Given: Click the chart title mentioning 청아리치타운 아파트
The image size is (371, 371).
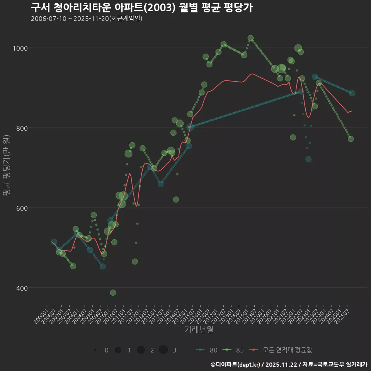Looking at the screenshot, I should (141, 8).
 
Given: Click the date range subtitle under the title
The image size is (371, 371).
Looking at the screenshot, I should (87, 19).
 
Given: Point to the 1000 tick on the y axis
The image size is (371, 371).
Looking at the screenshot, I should (20, 48).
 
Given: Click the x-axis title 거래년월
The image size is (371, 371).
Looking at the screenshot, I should (199, 329).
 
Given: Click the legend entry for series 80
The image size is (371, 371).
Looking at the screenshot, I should (207, 350).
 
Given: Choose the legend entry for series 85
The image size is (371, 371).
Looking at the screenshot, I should (233, 350).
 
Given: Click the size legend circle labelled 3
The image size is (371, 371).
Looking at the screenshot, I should (163, 350).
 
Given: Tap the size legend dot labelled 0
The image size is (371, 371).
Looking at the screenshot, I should (95, 350).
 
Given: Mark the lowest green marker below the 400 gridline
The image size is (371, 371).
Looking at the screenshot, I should (113, 293).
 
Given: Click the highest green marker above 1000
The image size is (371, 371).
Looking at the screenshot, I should (250, 38).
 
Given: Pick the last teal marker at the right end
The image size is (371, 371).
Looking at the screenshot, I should (352, 93).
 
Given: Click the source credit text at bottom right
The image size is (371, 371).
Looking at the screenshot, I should (289, 364).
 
